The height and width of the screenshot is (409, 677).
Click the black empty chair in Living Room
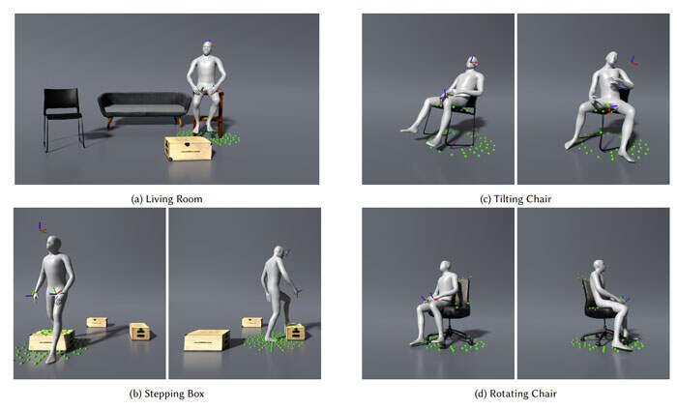pyautogui.click(x=63, y=117)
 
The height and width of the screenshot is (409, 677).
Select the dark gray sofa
pyautogui.click(x=144, y=107)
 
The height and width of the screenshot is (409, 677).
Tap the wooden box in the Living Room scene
pyautogui.click(x=189, y=148)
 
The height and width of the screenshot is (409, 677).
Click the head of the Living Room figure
pyautogui.click(x=208, y=48)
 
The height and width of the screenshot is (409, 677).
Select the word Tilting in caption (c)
pyautogui.click(x=508, y=199)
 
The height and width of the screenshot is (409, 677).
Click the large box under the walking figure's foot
pyautogui.click(x=51, y=339)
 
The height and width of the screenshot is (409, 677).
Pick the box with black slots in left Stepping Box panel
pyautogui.click(x=140, y=332)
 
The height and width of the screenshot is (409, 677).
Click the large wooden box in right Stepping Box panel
pyautogui.click(x=207, y=340)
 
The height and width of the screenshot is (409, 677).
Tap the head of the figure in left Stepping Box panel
pyautogui.click(x=54, y=245)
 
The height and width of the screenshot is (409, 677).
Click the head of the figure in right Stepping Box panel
pyautogui.click(x=279, y=252)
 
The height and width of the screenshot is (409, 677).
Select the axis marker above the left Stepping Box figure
pyautogui.click(x=42, y=227)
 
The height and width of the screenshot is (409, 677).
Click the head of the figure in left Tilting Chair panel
pyautogui.click(x=472, y=64)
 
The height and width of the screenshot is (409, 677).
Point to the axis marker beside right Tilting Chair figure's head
pyautogui.click(x=633, y=61)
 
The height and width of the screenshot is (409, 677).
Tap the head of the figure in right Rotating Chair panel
pyautogui.click(x=599, y=266)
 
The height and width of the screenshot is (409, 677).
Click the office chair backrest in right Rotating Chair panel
pyautogui.click(x=586, y=292)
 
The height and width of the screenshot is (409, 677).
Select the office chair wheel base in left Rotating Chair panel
pyautogui.click(x=450, y=336)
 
